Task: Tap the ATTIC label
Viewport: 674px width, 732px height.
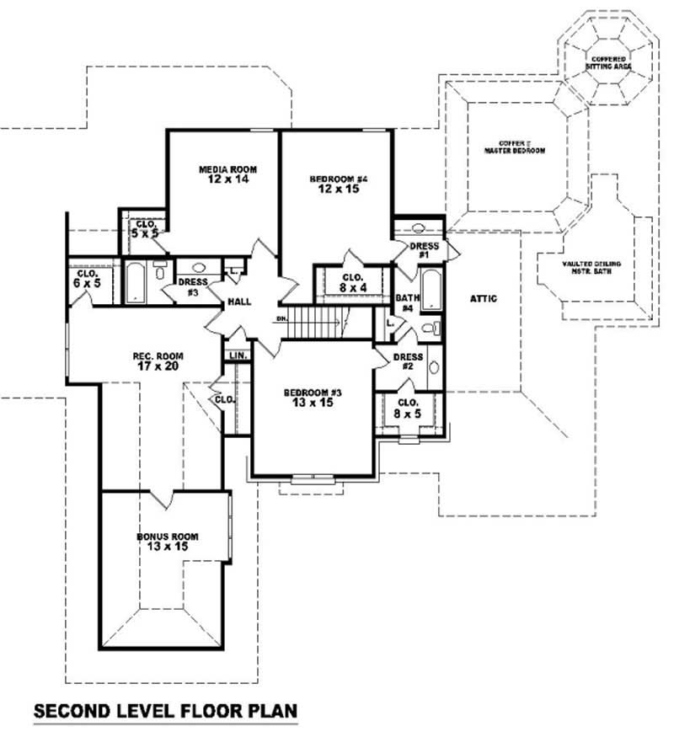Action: coord(484,298)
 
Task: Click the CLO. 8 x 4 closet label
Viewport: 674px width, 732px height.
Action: coord(353,281)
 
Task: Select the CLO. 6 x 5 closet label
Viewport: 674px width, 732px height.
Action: coord(87,279)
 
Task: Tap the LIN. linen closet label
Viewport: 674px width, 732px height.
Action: coord(238,356)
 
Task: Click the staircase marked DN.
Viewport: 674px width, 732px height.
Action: coord(318,320)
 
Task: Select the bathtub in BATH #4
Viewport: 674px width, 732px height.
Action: coord(430,289)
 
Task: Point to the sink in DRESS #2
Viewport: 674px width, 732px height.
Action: coord(434,367)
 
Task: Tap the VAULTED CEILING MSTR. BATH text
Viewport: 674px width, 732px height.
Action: coord(591,267)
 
